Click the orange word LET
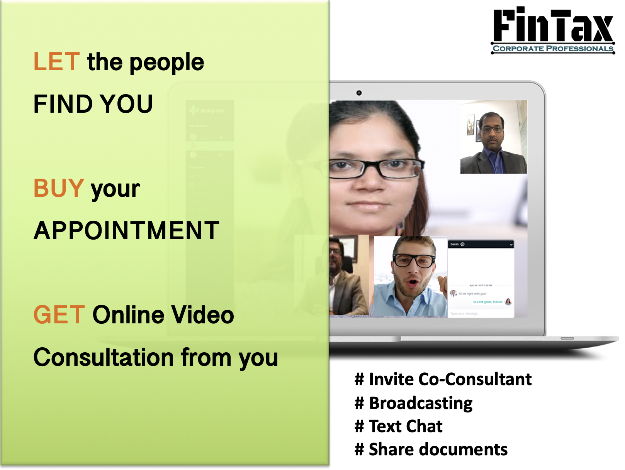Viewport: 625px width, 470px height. pyautogui.click(x=57, y=62)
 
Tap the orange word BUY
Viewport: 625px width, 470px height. pyautogui.click(x=59, y=188)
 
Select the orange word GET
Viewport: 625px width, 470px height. pyautogui.click(x=59, y=315)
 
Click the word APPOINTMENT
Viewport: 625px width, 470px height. pyautogui.click(x=127, y=231)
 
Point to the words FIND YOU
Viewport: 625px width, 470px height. pyautogui.click(x=93, y=104)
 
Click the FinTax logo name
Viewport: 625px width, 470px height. pyautogui.click(x=553, y=25)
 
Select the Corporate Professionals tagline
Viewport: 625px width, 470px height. pyautogui.click(x=553, y=49)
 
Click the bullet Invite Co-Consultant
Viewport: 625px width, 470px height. pyautogui.click(x=443, y=379)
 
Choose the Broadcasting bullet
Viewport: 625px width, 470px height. pyautogui.click(x=413, y=403)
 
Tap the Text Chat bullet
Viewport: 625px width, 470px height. pyautogui.click(x=398, y=426)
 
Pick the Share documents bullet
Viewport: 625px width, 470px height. pyautogui.click(x=431, y=450)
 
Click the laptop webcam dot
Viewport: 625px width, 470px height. pyautogui.click(x=359, y=93)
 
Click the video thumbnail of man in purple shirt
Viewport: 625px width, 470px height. pyautogui.click(x=493, y=137)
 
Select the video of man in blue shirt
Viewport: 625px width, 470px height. pyautogui.click(x=410, y=276)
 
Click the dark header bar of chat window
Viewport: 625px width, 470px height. pyautogui.click(x=481, y=244)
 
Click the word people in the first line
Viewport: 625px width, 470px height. pyautogui.click(x=166, y=63)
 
